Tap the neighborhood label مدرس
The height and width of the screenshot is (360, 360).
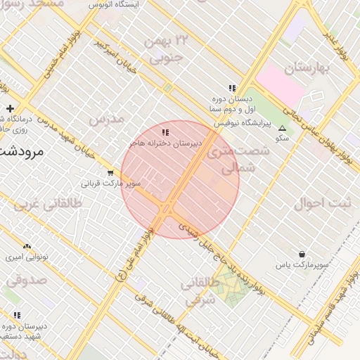pyautogui.click(x=106, y=118)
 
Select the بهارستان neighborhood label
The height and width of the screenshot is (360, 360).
pyautogui.click(x=307, y=69)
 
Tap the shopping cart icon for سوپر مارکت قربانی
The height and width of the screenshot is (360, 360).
pyautogui.click(x=110, y=173)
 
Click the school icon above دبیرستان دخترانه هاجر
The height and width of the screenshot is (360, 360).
pyautogui.click(x=165, y=132)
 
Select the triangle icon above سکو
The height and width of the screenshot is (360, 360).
pyautogui.click(x=282, y=129)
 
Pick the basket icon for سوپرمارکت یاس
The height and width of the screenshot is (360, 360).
pyautogui.click(x=302, y=255)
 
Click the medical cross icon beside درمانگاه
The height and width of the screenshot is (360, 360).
pyautogui.click(x=10, y=108)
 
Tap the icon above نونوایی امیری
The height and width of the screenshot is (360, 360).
pyautogui.click(x=27, y=246)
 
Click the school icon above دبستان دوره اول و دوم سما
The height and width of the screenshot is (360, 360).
pyautogui.click(x=232, y=88)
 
